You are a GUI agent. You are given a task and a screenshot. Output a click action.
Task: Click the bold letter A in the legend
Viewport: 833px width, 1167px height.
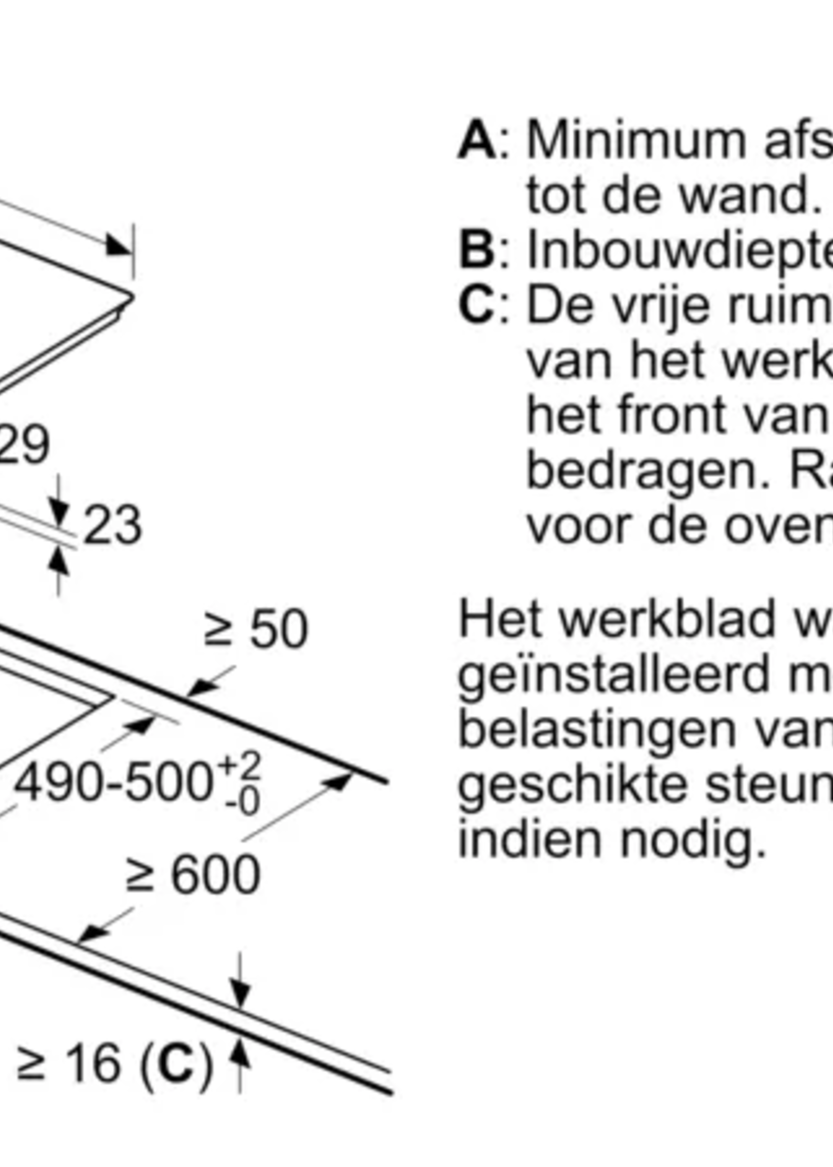point(477,140)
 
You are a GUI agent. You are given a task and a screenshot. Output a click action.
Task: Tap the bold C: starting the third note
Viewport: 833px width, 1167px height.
point(477,306)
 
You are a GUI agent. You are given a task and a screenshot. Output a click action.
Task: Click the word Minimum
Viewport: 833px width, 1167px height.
point(636,140)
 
